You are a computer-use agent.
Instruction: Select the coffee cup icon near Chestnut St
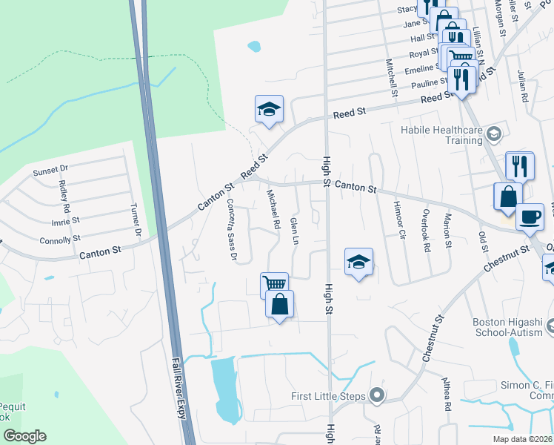(529, 217)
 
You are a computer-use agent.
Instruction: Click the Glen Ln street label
(295, 232)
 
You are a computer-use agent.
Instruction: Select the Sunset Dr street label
(50, 171)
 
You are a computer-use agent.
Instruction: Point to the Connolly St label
(61, 240)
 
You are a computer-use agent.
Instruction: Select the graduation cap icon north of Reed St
(269, 110)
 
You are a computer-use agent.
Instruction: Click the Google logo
(24, 436)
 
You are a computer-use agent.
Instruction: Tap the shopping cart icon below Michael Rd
(274, 283)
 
